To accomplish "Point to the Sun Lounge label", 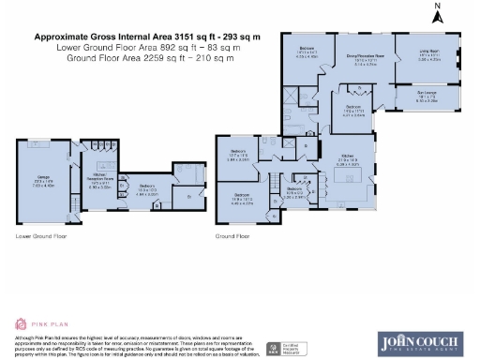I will [427, 95].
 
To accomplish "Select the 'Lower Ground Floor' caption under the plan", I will [41, 236].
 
